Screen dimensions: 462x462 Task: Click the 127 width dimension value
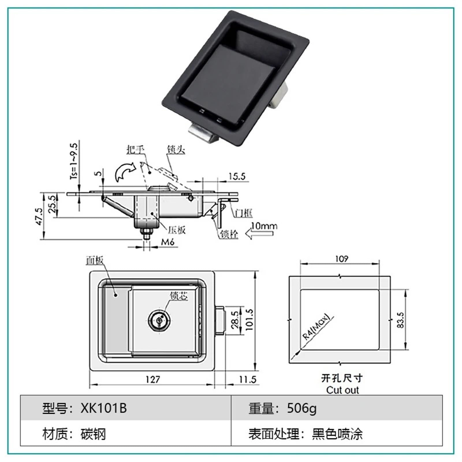coord(152,379)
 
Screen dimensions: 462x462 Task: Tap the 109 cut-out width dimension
coord(342,259)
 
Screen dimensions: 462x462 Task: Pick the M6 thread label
coord(167,242)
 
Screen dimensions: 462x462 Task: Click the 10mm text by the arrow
coord(264,226)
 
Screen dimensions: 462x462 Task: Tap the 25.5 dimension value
coord(52,204)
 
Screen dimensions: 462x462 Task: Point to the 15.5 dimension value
coord(237,176)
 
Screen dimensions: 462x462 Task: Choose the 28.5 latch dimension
coord(235,320)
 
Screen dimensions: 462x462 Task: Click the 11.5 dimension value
coord(247,379)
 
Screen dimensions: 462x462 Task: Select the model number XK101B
coord(103,408)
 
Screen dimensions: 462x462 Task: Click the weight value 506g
coord(301,408)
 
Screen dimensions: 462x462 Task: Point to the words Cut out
coord(342,390)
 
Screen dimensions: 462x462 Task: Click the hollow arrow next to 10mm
coord(259,233)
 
